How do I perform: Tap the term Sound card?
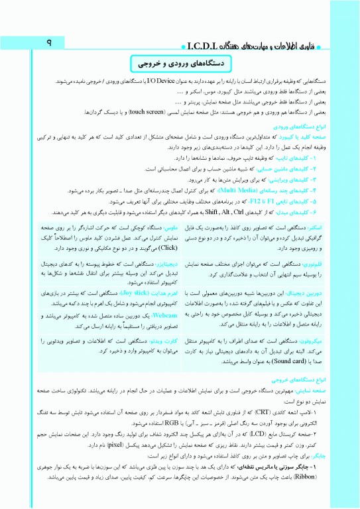click(236, 363)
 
